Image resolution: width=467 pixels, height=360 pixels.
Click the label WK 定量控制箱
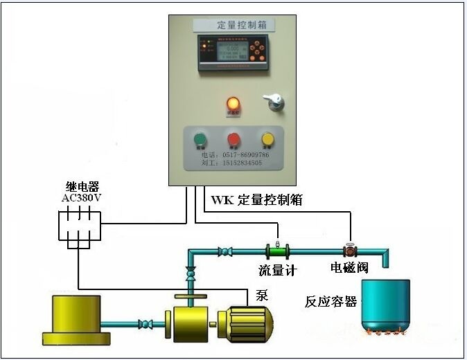point(256,200)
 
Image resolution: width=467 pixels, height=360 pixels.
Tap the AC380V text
point(82,198)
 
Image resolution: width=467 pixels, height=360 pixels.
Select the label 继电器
point(82,187)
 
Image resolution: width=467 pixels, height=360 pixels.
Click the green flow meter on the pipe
point(278,250)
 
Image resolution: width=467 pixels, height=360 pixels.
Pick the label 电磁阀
point(349,268)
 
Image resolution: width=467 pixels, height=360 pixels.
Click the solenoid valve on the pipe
point(349,249)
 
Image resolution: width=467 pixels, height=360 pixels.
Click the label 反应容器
point(331,302)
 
